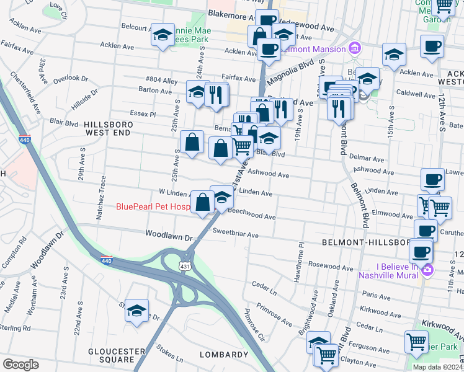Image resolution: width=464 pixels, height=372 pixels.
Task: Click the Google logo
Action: (x=20, y=365)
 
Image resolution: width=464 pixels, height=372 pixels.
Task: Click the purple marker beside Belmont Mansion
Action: (x=354, y=48)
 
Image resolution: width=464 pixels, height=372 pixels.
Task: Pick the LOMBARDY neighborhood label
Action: (x=223, y=355)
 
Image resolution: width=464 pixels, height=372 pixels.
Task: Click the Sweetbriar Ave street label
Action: (x=235, y=235)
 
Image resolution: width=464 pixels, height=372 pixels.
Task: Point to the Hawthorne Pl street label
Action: (x=302, y=254)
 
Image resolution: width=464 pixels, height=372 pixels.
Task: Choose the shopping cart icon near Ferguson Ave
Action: (x=416, y=342)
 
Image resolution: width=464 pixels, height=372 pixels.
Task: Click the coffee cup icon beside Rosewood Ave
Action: (x=421, y=252)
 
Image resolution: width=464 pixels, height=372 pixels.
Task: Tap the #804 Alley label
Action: (x=161, y=80)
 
